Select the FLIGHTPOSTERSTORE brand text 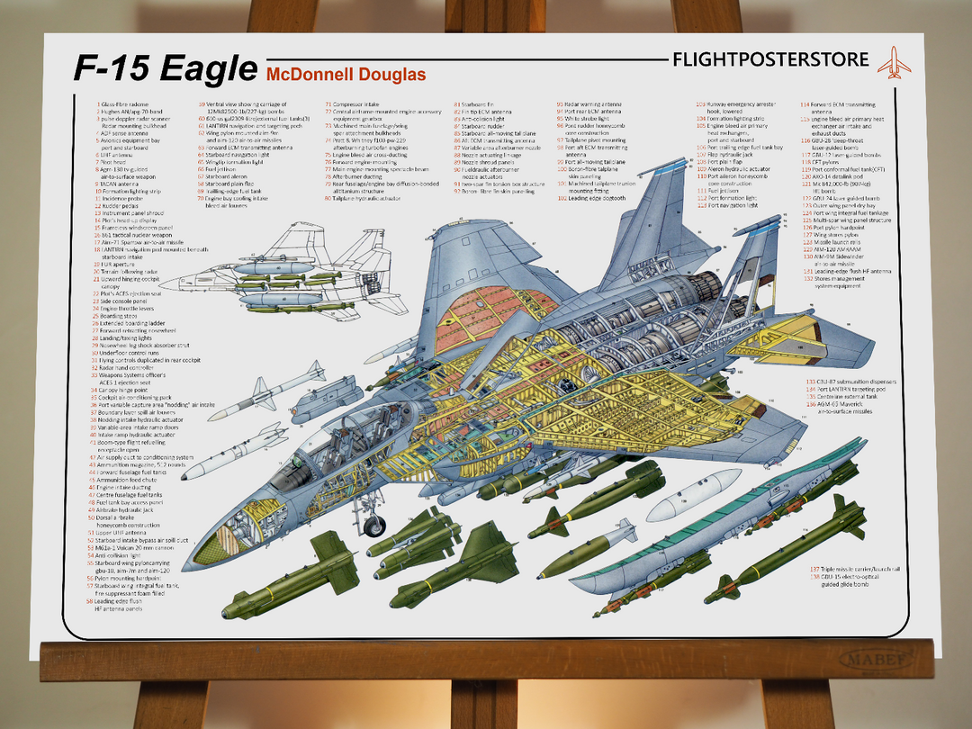pyautogui.click(x=770, y=60)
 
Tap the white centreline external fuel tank pyautogui.click(x=693, y=496)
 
